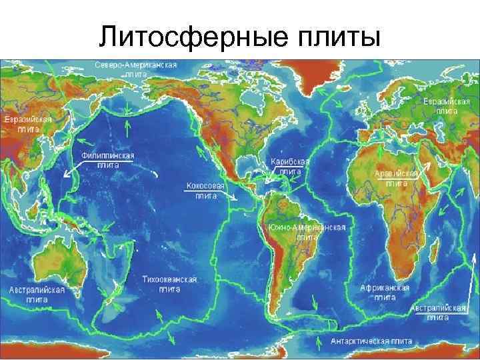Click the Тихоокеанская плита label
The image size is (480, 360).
(169, 284)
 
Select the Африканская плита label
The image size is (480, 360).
(385, 291)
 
